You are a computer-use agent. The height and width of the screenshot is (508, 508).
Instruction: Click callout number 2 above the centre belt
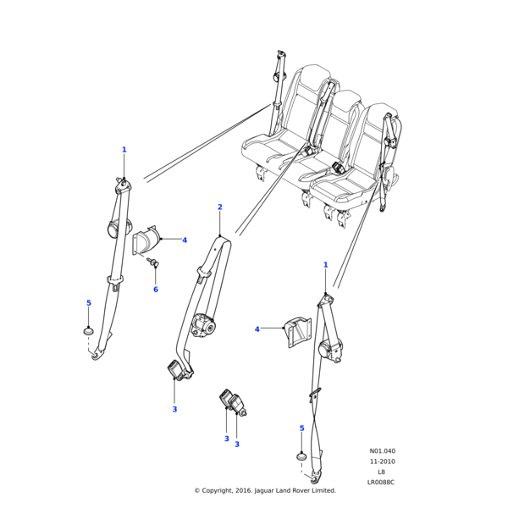219,207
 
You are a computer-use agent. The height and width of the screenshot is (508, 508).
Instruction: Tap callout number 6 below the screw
155,290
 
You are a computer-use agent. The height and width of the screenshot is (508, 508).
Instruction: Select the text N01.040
382,451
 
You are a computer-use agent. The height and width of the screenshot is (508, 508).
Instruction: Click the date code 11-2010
382,461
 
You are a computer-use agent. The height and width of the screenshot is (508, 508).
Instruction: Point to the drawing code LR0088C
381,482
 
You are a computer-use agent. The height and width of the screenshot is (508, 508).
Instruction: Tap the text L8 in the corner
381,472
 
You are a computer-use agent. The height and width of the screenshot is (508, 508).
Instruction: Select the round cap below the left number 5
88,330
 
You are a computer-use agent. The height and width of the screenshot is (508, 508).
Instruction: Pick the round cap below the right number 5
301,457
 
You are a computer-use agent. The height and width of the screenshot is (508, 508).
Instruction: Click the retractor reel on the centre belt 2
204,325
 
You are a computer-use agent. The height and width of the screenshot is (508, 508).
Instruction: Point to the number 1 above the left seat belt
124,150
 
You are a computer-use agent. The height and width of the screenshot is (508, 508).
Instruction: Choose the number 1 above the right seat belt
325,265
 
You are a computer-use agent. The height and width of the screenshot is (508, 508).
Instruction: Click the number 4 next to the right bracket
257,329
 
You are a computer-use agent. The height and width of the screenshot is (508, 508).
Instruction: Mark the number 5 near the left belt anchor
88,303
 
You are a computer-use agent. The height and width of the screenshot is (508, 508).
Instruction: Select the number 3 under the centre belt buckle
174,410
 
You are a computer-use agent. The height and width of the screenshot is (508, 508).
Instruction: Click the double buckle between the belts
231,401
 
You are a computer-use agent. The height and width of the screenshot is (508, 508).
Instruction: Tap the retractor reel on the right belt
331,350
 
